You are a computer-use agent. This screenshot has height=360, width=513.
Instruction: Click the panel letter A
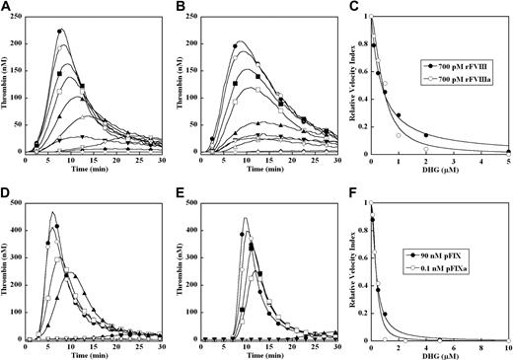[x=7, y=8]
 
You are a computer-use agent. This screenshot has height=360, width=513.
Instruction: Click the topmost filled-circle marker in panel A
[x=60, y=32]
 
